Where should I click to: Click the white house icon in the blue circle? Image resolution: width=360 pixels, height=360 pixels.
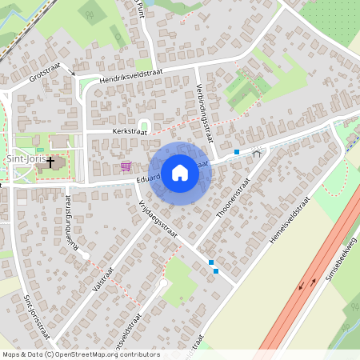(180, 173)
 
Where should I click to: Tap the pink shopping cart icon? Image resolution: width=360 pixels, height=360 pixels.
(126, 166)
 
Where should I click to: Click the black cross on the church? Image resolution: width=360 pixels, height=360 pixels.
(50, 162)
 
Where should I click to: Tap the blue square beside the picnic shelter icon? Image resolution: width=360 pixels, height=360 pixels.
(237, 151)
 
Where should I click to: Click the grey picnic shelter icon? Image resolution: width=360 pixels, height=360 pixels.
(256, 152)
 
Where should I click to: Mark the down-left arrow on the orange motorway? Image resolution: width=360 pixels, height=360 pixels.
(302, 286)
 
